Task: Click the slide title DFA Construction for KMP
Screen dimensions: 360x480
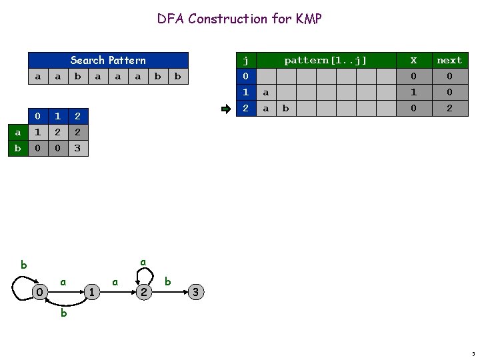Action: click(239, 19)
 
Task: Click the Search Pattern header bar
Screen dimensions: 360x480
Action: click(108, 60)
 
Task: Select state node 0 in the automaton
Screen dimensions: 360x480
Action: click(40, 292)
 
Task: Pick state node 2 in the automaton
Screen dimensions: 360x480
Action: click(143, 292)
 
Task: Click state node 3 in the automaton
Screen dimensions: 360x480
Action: click(195, 292)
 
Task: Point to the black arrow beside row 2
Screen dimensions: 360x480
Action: click(227, 107)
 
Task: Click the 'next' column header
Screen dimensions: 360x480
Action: click(449, 60)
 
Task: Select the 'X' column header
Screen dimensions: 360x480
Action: click(413, 60)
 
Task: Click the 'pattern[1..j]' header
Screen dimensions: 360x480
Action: click(325, 60)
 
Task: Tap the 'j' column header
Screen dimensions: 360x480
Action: click(245, 60)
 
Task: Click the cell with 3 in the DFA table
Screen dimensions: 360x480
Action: click(77, 149)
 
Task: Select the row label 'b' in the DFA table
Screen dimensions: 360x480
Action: click(17, 149)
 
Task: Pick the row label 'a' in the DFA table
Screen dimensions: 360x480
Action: click(17, 133)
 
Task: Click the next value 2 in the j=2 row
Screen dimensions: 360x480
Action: click(449, 107)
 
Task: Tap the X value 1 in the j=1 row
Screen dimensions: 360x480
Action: click(413, 91)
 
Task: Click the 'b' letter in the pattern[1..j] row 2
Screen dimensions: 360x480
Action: click(285, 107)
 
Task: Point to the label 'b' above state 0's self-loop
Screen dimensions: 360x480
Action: click(24, 265)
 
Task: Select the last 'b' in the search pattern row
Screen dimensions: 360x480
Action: click(177, 76)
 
